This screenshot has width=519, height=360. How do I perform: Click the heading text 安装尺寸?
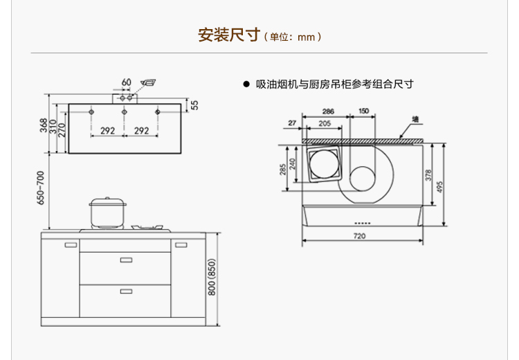pos(228,35)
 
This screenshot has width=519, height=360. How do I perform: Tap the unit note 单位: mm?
pos(292,37)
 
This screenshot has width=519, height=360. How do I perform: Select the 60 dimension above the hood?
pos(127,82)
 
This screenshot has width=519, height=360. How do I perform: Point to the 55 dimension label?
pos(195,105)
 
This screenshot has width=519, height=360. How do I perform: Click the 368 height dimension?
pos(44,125)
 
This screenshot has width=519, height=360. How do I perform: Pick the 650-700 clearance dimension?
pos(40,188)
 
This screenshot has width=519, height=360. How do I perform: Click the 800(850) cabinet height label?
pos(212,277)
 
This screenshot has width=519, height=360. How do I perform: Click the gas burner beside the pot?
pos(147,227)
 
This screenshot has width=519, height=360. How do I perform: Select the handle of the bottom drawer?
pos(126,291)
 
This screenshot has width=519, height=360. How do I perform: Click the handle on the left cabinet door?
pos(71,245)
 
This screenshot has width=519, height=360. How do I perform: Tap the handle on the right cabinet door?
pos(181,245)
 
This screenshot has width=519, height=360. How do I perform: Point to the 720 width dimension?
pos(359,236)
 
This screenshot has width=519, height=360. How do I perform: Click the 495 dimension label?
pos(439,187)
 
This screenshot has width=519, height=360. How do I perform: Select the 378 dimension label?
pos(428,175)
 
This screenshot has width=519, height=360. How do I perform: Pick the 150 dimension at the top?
pos(363,111)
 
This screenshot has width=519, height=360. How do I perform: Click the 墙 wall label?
pos(415,119)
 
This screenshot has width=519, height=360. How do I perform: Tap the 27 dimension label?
pos(292,123)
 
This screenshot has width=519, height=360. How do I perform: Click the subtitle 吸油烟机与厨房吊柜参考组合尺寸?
pos(335,84)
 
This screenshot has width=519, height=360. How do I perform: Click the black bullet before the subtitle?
pos(246,84)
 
